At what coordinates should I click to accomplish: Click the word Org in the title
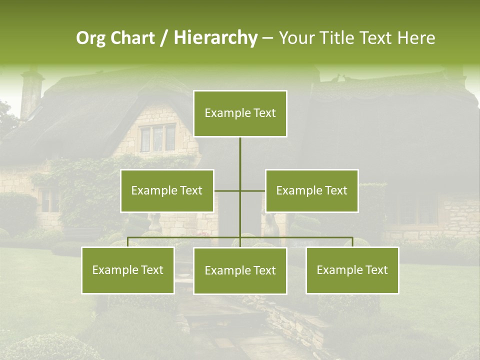point(91,38)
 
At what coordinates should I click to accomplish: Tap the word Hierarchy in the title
point(215,38)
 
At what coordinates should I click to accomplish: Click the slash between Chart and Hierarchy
point(164,38)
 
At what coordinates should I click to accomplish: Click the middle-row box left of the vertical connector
point(167,190)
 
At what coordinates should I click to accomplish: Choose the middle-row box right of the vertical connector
point(312,190)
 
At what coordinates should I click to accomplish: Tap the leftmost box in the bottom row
point(128,270)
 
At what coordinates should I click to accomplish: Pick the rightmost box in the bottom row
point(352,270)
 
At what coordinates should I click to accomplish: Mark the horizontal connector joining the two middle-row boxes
point(252,190)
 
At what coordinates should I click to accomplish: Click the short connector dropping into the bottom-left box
point(128,242)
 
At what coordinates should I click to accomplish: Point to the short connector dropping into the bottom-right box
point(352,242)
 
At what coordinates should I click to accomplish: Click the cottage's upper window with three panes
point(157,137)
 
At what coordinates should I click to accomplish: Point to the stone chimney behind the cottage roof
point(31,92)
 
